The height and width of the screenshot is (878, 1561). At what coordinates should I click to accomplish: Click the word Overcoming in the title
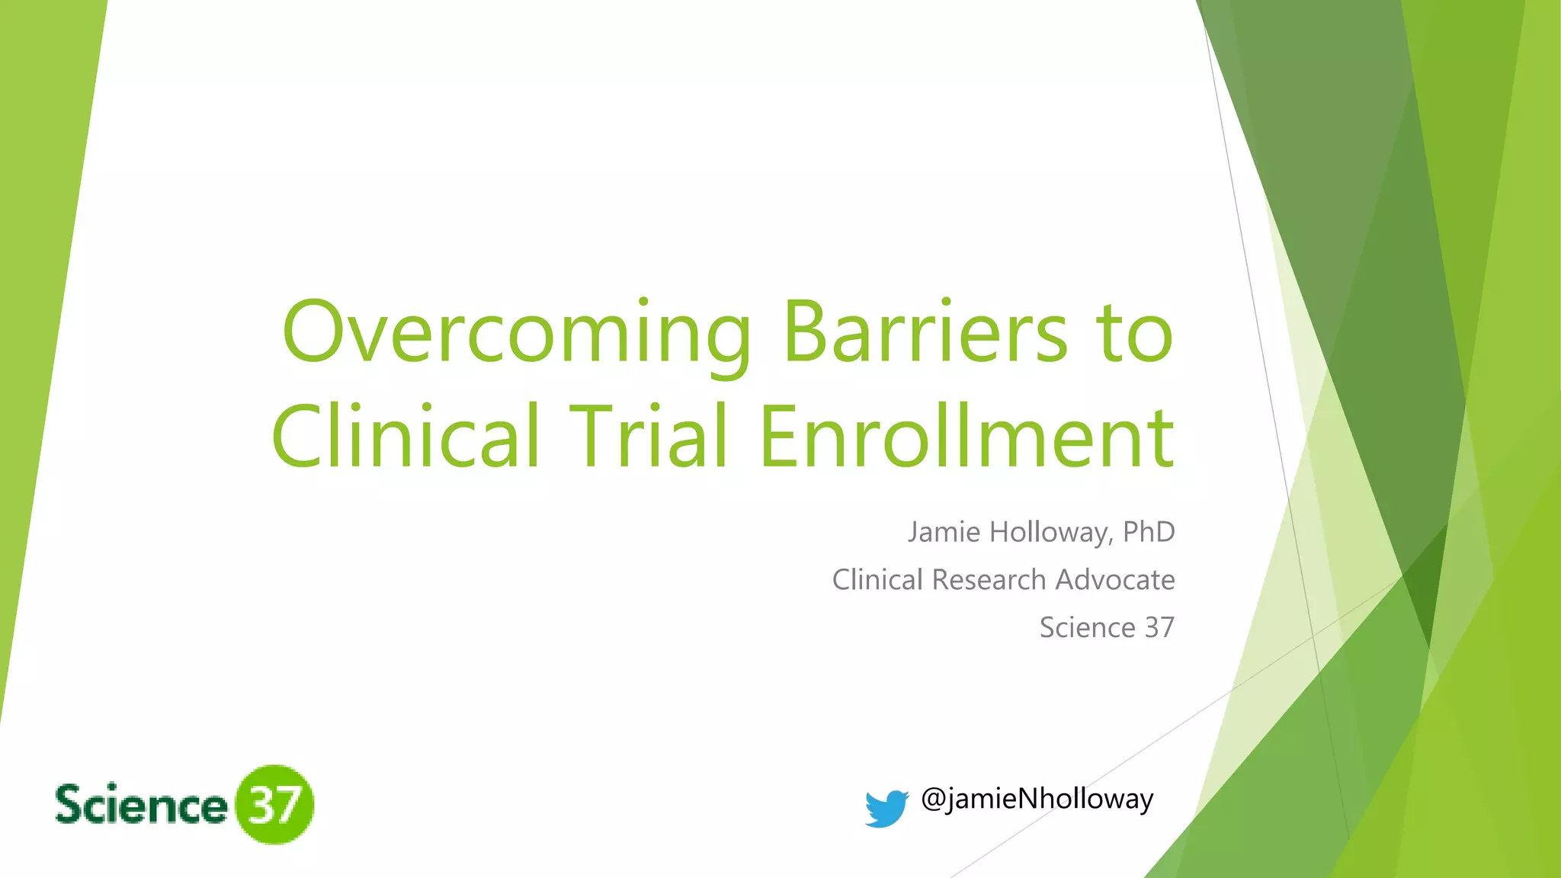[x=517, y=333]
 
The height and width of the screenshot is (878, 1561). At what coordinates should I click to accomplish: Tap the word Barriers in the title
[x=925, y=333]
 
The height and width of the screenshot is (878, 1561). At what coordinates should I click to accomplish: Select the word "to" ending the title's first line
[x=1134, y=333]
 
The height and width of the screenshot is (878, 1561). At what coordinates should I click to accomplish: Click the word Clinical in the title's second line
[x=405, y=437]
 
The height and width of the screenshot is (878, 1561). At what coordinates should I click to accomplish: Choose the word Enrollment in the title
[x=966, y=437]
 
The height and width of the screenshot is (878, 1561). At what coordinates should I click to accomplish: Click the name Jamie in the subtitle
[x=944, y=532]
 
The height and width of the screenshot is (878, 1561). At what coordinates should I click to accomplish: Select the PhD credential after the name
[x=1149, y=532]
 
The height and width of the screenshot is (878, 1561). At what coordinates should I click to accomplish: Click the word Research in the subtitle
[x=989, y=580]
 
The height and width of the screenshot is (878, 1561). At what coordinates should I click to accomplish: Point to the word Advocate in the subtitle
[x=1114, y=580]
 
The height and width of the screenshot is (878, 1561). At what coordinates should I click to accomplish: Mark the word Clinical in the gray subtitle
[x=877, y=580]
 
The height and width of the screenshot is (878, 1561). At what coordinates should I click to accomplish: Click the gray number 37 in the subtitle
[x=1159, y=628]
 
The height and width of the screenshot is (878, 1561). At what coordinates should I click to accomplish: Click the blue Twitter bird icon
[x=886, y=808]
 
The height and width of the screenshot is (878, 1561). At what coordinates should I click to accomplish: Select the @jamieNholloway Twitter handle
[x=1037, y=799]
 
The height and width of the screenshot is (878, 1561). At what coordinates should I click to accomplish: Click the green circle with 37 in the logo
[x=274, y=805]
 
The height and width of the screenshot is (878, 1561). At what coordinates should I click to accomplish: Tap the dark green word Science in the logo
[x=141, y=805]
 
